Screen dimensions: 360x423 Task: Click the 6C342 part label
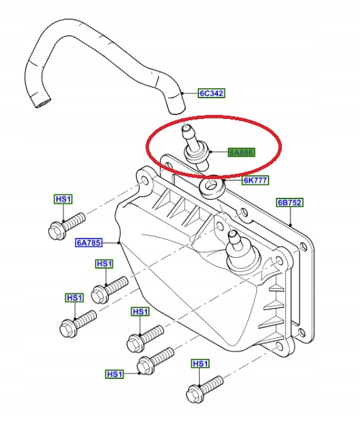[212, 94]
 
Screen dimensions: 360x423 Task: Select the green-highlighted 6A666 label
[241, 152]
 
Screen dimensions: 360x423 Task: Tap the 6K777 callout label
[255, 180]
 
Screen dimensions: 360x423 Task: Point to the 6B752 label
[290, 202]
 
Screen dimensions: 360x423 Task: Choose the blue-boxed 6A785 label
[89, 243]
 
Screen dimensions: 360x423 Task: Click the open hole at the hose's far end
[43, 104]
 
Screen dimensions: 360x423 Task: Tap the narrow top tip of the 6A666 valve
[186, 128]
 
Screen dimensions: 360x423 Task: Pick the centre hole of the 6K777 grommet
[212, 186]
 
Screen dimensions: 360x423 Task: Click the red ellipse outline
[214, 117]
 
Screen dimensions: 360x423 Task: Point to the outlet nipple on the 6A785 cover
[234, 238]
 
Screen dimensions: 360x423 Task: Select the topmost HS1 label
[63, 199]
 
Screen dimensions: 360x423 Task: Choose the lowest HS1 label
[115, 374]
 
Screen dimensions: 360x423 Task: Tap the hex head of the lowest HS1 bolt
[194, 394]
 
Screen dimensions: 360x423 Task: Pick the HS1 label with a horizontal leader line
[115, 374]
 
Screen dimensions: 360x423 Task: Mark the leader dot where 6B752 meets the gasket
[291, 225]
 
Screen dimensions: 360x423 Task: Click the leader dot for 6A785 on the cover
[119, 243]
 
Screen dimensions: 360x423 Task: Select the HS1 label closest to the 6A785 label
[104, 263]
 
